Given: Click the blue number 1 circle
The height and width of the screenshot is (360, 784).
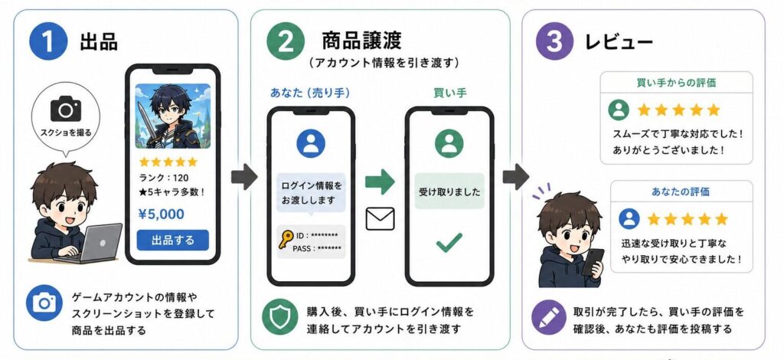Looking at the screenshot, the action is click(x=48, y=41).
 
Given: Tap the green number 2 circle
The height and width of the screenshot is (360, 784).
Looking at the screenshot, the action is click(x=286, y=41).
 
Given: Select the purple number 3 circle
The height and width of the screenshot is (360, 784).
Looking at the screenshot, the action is click(x=554, y=41).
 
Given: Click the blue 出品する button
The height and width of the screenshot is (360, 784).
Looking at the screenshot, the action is click(x=172, y=240).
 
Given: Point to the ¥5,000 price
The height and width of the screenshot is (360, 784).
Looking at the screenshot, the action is click(x=161, y=214).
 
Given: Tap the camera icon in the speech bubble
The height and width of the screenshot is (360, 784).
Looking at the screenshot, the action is click(x=66, y=109).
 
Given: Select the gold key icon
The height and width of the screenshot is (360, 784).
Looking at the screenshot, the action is click(x=286, y=240).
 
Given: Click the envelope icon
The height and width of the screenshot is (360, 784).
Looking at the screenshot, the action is click(x=380, y=218).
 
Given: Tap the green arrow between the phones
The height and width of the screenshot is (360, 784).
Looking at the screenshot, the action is click(x=380, y=182).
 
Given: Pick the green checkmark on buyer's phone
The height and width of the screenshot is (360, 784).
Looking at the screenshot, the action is click(x=449, y=243).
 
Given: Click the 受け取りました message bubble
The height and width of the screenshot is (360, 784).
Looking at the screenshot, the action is click(x=449, y=191).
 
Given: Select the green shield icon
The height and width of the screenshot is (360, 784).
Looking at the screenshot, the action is click(x=280, y=316).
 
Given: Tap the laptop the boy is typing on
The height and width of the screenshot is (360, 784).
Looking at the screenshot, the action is click(x=96, y=244).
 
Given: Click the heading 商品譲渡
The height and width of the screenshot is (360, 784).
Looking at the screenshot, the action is click(x=361, y=41).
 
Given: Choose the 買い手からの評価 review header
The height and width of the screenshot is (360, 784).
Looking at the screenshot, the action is click(x=676, y=83).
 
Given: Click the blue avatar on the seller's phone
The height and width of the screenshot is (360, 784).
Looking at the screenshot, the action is click(x=311, y=143).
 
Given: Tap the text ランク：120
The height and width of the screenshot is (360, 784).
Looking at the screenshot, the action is click(x=164, y=178).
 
